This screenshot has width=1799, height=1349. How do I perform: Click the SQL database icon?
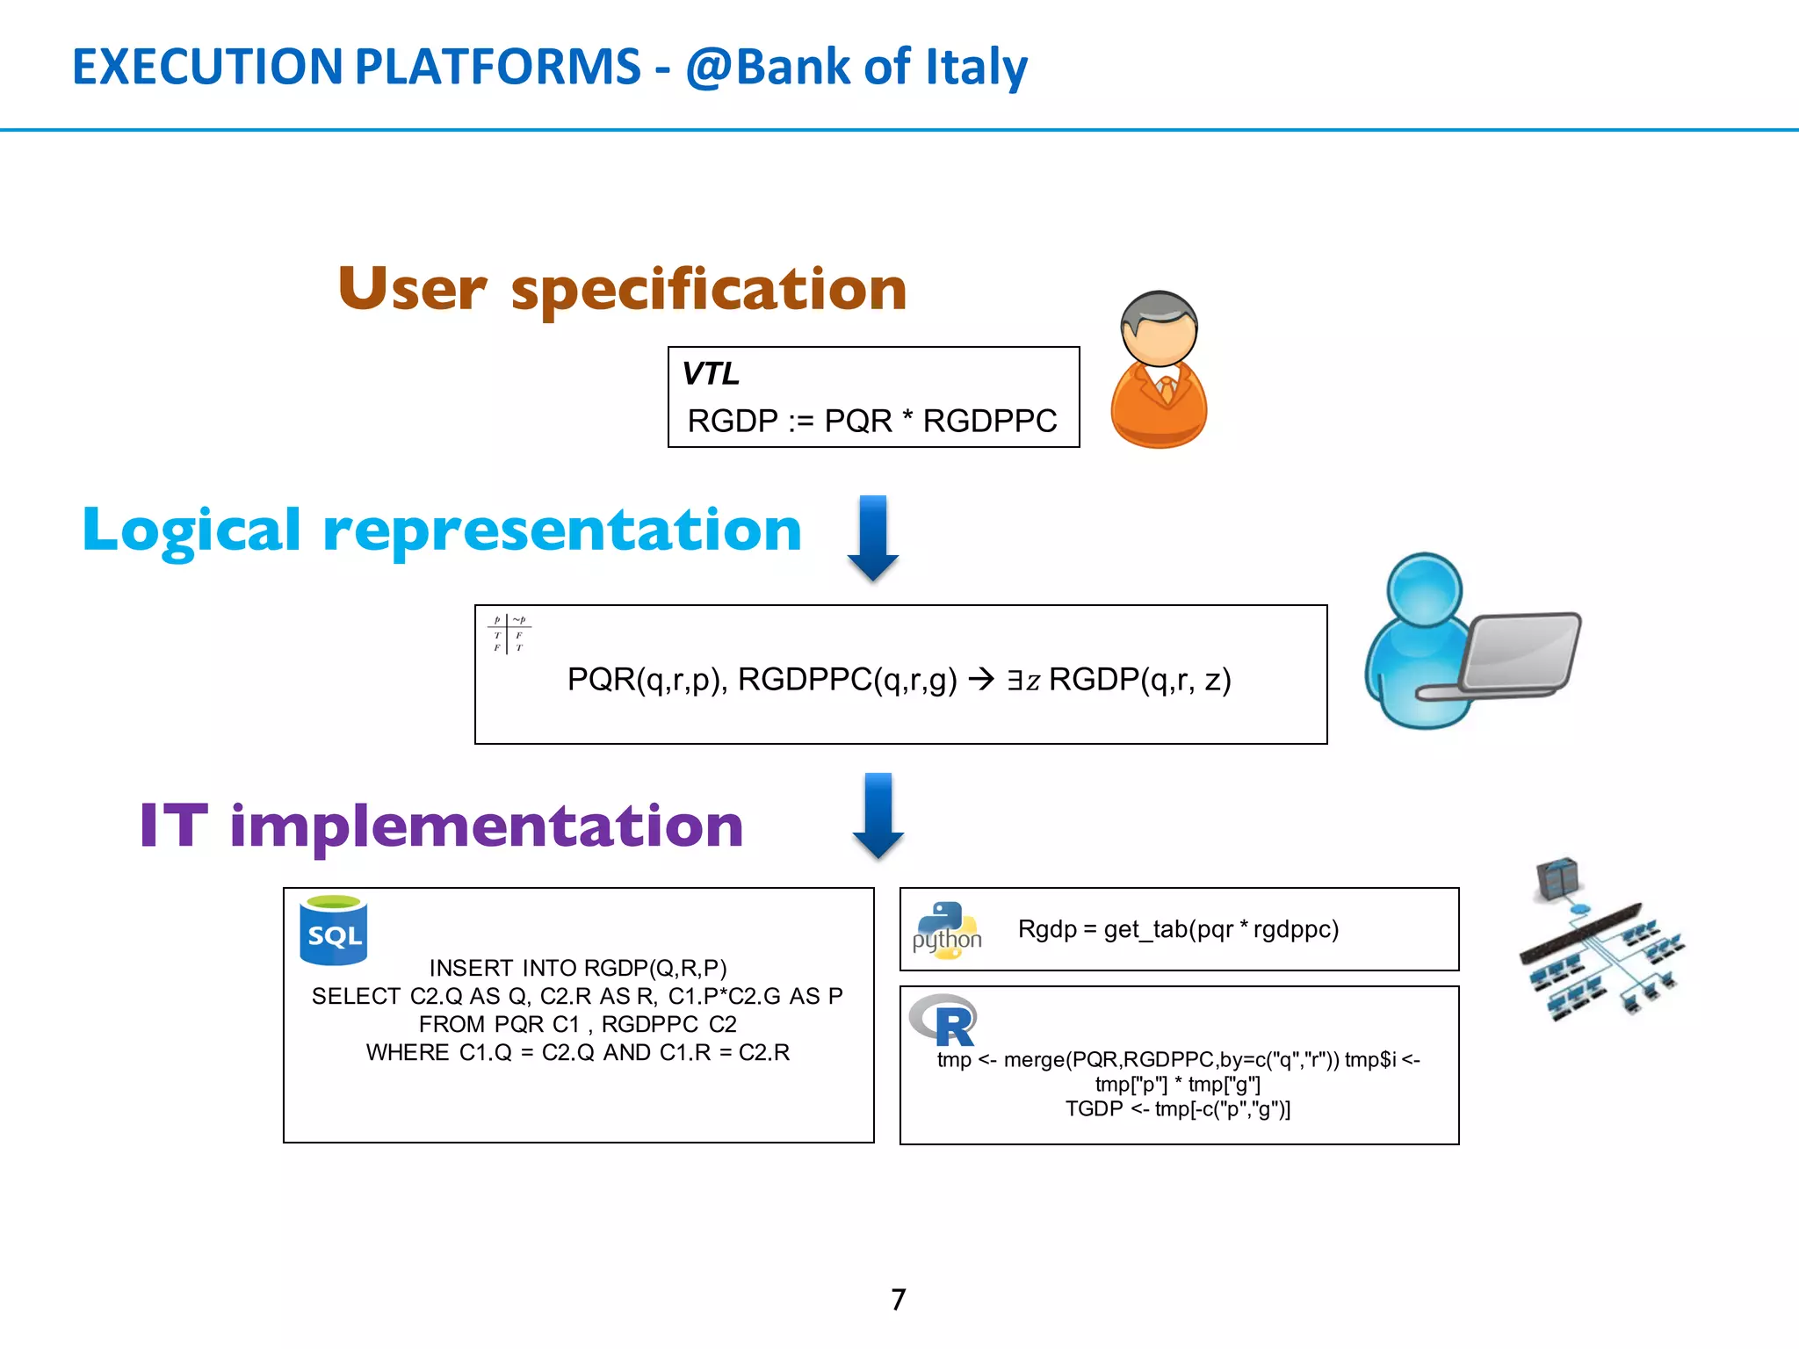[334, 930]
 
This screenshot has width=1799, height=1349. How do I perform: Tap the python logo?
[947, 930]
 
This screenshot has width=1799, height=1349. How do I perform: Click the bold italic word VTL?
[711, 374]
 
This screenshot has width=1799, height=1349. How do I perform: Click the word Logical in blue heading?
[191, 530]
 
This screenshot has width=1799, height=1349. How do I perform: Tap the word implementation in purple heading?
[487, 826]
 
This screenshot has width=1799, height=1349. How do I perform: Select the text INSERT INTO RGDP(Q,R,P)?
[578, 968]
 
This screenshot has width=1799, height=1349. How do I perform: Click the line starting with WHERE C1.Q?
[578, 1052]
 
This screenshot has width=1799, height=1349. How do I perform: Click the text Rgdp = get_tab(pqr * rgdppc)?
[1178, 929]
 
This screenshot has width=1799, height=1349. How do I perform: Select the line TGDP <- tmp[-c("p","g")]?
[1178, 1109]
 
